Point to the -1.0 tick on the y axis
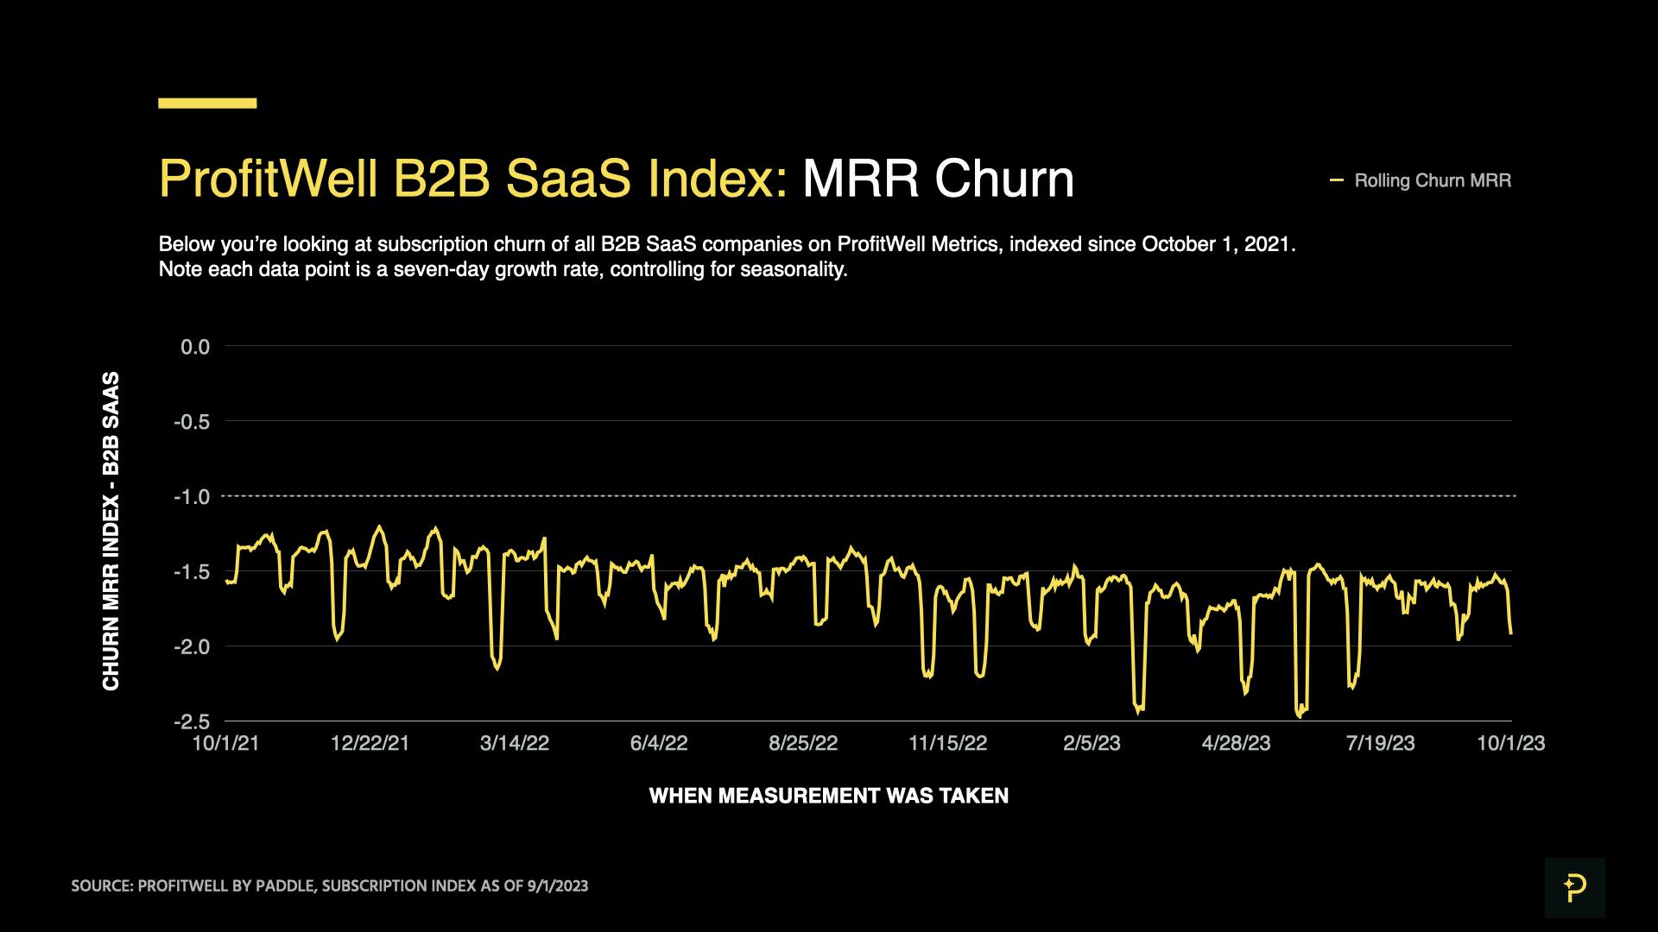pyautogui.click(x=192, y=497)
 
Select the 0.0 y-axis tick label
pyautogui.click(x=194, y=347)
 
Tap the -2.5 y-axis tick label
pyautogui.click(x=192, y=721)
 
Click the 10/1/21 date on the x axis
pyautogui.click(x=225, y=744)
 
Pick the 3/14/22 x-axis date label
pyautogui.click(x=515, y=744)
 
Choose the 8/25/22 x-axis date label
pyautogui.click(x=803, y=744)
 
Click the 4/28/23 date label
pyautogui.click(x=1236, y=744)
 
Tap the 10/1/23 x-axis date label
pyautogui.click(x=1510, y=744)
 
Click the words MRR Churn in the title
pyautogui.click(x=938, y=179)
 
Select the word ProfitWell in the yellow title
pyautogui.click(x=268, y=179)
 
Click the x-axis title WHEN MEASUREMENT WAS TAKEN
pyautogui.click(x=828, y=796)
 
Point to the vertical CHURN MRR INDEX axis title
pyautogui.click(x=111, y=531)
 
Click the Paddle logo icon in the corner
pyautogui.click(x=1574, y=887)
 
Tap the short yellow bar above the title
pyautogui.click(x=207, y=104)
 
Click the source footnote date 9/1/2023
pyautogui.click(x=557, y=886)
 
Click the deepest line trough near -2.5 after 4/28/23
pyautogui.click(x=1299, y=715)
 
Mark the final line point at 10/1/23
pyautogui.click(x=1511, y=633)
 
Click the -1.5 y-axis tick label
pyautogui.click(x=192, y=572)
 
